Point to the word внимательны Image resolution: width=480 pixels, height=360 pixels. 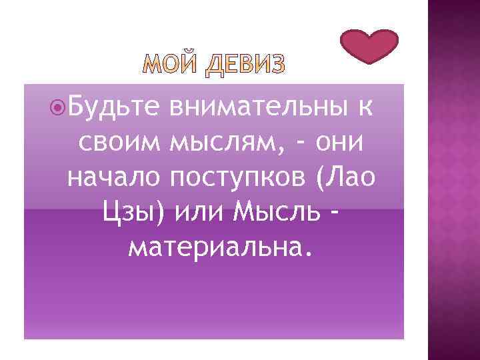[259, 107]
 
